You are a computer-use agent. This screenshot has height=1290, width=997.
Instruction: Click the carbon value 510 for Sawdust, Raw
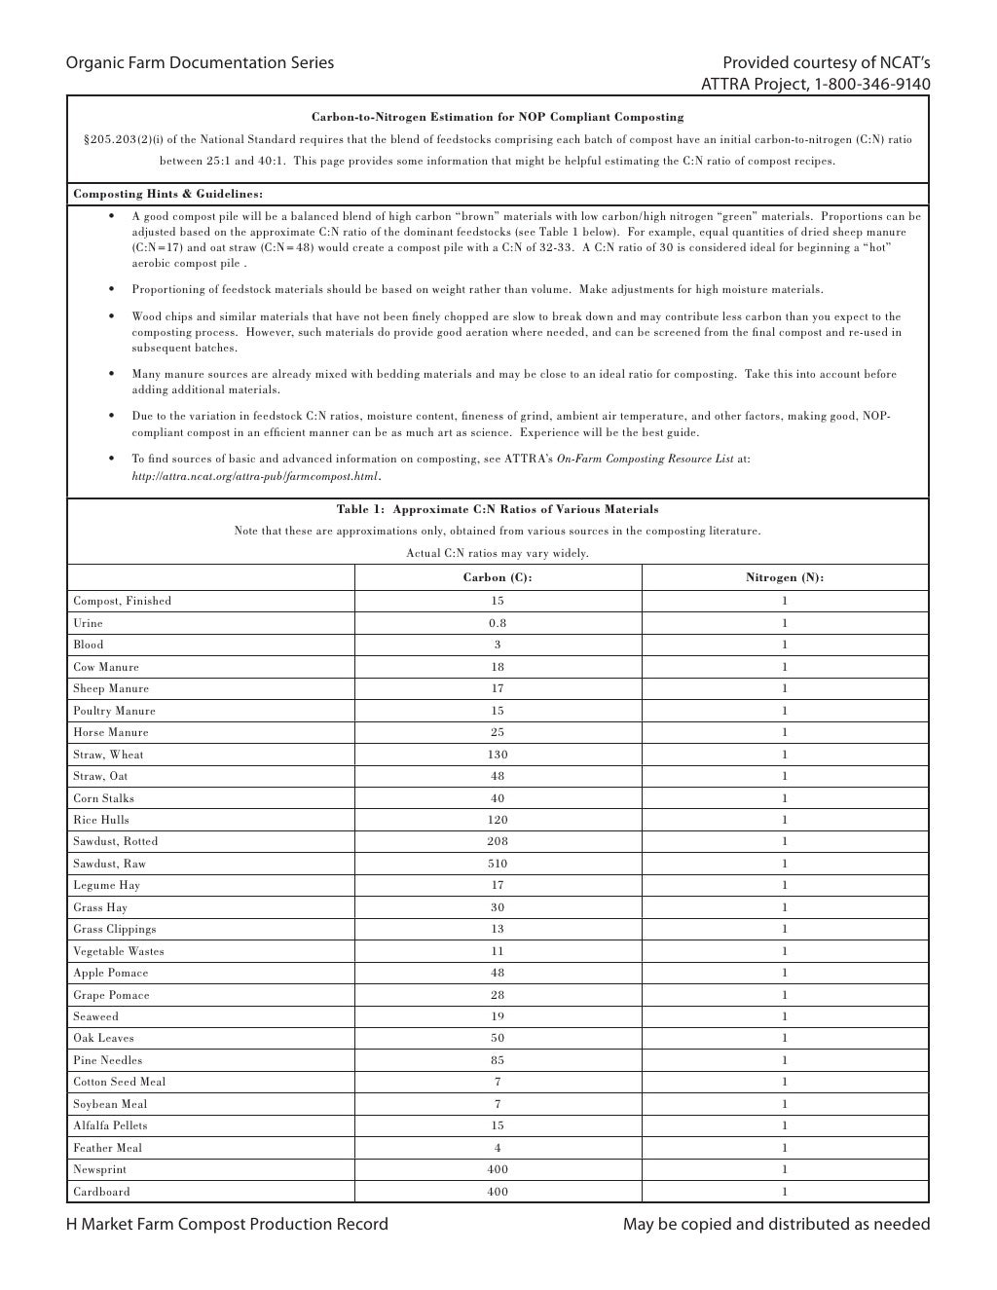click(498, 864)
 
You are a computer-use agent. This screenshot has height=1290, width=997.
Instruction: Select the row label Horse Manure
click(111, 732)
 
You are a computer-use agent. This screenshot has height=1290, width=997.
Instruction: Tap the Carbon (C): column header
click(498, 577)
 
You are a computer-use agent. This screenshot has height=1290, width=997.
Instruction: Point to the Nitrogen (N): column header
click(785, 577)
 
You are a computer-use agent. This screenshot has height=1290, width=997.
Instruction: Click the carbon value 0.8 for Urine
click(498, 623)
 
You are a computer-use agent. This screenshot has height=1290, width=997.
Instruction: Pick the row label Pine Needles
click(107, 1060)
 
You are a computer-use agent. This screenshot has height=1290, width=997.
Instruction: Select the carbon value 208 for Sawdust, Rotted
click(498, 841)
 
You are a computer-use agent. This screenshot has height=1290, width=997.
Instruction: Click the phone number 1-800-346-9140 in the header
click(872, 85)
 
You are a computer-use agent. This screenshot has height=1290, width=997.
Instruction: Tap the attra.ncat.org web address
click(255, 476)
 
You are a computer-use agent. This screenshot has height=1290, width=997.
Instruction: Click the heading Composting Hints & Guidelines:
click(168, 194)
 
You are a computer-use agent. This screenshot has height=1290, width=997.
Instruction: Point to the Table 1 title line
click(498, 509)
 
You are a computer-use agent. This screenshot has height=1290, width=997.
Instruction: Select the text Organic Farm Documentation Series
click(200, 63)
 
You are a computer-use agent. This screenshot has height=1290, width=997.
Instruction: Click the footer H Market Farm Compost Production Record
click(227, 1224)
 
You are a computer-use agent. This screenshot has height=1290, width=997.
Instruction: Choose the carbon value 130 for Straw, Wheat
click(498, 755)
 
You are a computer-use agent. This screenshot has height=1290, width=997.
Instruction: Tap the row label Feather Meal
click(107, 1148)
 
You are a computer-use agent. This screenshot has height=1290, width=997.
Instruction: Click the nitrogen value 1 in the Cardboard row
click(785, 1192)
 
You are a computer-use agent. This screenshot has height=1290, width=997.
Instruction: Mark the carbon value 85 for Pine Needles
click(498, 1060)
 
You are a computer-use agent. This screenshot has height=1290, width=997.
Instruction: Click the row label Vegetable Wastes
click(119, 951)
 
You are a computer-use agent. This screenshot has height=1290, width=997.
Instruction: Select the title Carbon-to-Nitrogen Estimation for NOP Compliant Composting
click(498, 117)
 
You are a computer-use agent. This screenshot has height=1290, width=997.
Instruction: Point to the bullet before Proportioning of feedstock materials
click(113, 289)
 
